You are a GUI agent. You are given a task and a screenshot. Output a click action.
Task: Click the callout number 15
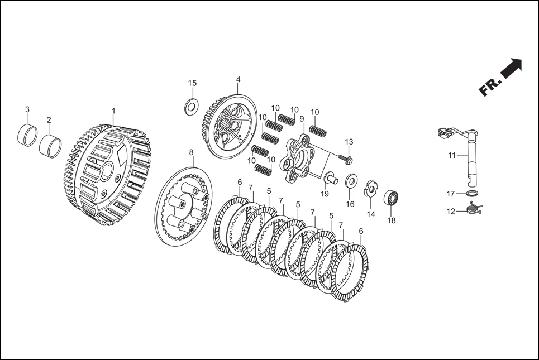pos(192,83)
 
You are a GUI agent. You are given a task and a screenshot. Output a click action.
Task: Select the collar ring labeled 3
pos(27,135)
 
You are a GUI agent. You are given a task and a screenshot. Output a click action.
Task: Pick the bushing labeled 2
pos(50,146)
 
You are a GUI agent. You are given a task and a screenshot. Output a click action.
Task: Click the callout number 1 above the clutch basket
pos(113,111)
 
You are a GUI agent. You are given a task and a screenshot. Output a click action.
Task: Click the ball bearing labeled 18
pos(391,198)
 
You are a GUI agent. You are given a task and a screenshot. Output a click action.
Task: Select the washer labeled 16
pos(351,180)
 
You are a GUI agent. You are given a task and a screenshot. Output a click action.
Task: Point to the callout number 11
pos(452,155)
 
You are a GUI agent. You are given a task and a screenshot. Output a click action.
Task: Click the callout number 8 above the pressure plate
pos(192,152)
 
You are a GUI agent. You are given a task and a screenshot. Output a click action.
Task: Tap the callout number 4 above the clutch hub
pos(238,80)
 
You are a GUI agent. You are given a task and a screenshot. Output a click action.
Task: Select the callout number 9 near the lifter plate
pos(302,119)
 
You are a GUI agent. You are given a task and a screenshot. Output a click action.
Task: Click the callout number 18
pos(392,220)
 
